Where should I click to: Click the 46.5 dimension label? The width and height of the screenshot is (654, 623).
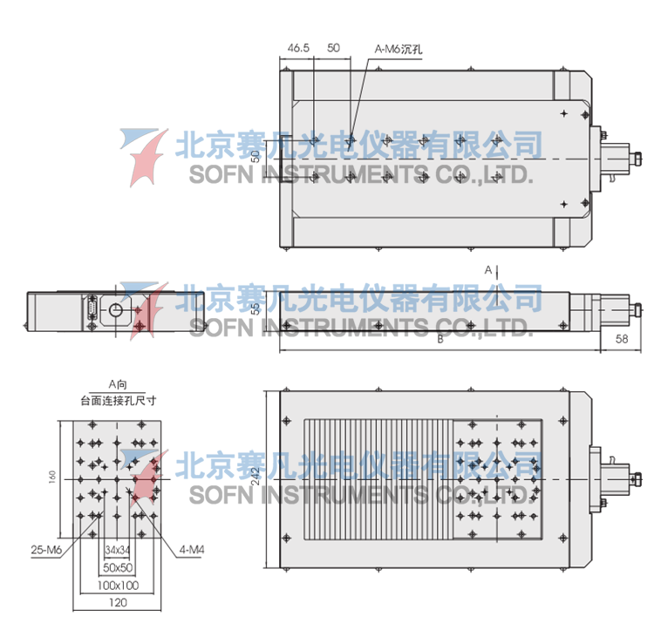(298, 49)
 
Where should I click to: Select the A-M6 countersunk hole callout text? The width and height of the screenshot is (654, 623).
(399, 50)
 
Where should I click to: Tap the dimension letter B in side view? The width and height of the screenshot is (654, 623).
(440, 342)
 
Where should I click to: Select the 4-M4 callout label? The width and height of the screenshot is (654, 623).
(193, 550)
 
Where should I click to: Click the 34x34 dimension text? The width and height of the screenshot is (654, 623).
(117, 551)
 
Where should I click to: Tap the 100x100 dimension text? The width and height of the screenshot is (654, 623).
(117, 584)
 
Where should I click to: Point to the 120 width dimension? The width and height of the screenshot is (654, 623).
(117, 601)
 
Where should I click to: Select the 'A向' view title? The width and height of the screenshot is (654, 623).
(118, 384)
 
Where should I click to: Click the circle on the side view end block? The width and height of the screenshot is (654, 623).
(115, 310)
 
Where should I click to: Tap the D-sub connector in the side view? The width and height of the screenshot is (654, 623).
(91, 311)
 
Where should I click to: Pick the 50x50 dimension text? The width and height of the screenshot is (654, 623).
(117, 567)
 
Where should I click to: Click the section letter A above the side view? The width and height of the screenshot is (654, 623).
(488, 270)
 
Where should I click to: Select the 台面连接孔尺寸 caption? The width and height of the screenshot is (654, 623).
(118, 402)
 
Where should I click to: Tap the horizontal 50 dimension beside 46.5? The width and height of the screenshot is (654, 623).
(333, 49)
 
